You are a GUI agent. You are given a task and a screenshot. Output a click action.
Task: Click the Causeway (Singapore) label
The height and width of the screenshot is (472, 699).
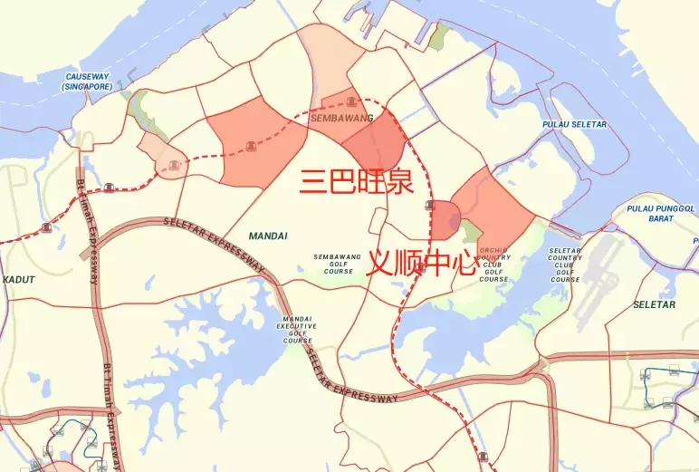(x=87, y=82)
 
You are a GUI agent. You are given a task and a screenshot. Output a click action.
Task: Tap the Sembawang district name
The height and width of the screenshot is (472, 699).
(x=341, y=118)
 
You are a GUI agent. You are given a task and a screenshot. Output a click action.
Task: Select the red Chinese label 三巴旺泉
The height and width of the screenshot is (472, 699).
(x=357, y=181)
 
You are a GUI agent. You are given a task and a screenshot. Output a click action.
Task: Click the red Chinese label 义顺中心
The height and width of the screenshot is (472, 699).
(x=421, y=264)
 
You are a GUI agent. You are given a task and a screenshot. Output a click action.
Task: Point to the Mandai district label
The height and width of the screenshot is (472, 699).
(x=268, y=236)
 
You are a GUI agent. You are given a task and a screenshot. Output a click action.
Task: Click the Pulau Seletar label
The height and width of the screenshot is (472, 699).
(x=574, y=124)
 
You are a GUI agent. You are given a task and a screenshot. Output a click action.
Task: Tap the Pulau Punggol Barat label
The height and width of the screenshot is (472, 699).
(x=661, y=214)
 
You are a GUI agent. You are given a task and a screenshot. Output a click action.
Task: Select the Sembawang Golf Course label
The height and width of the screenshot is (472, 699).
(x=338, y=264)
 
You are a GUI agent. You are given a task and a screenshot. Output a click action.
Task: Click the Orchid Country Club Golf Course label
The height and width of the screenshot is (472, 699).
(x=493, y=264)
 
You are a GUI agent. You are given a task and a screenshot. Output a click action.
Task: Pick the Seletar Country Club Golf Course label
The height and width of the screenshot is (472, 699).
(x=565, y=264)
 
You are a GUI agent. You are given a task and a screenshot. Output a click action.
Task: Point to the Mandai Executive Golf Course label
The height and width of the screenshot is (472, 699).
(x=297, y=330)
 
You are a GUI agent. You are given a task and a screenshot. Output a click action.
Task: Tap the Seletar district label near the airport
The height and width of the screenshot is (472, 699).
(x=654, y=304)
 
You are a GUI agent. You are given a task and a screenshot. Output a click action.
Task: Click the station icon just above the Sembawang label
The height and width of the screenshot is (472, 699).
(x=350, y=93)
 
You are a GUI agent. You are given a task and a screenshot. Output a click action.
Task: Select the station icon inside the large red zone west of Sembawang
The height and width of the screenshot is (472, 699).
(x=251, y=148)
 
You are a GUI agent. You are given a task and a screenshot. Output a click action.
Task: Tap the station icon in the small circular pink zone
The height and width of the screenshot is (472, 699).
(x=172, y=165)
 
